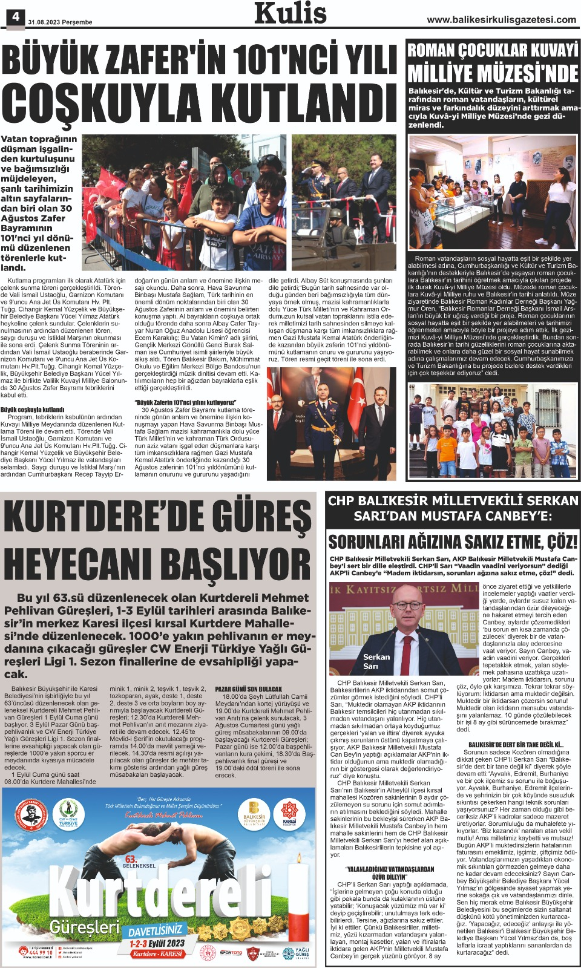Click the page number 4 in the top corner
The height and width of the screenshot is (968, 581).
tap(15, 18)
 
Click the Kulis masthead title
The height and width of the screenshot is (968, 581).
tap(290, 13)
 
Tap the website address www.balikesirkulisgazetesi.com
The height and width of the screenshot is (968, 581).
tap(501, 20)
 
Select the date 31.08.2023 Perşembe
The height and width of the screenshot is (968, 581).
tap(60, 22)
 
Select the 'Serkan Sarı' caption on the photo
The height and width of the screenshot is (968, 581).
tap(376, 661)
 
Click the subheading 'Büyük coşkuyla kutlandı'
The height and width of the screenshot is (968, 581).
tap(33, 410)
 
